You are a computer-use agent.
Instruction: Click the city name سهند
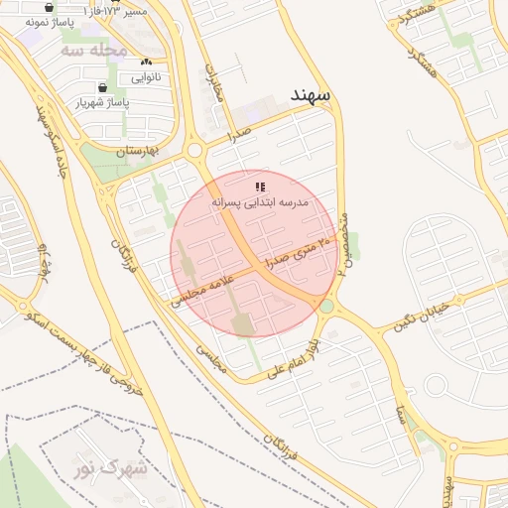[314, 93]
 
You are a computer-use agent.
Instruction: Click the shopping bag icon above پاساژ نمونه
[49, 7]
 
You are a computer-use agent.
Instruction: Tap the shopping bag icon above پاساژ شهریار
[102, 87]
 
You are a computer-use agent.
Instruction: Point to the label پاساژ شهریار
[102, 102]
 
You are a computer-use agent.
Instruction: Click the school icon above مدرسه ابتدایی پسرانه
[260, 187]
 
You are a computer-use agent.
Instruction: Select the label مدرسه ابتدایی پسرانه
[260, 201]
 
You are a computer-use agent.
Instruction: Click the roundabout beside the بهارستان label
[194, 151]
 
